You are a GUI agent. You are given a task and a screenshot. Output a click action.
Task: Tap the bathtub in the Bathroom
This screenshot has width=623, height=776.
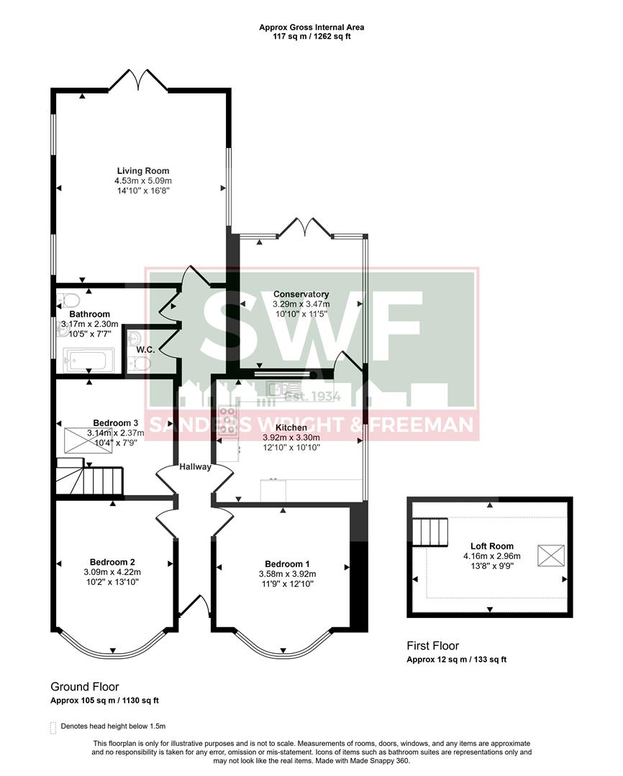tap(88, 359)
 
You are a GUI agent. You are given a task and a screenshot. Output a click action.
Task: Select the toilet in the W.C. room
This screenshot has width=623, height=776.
tap(142, 364)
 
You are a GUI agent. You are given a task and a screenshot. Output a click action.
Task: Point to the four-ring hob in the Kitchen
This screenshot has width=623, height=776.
tap(229, 420)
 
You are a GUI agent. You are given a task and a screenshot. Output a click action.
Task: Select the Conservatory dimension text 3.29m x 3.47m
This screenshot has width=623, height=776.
tap(301, 304)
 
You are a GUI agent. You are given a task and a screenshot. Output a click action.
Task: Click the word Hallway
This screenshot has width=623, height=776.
tap(195, 466)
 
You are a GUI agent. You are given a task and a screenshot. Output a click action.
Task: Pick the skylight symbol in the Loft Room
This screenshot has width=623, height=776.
tap(551, 555)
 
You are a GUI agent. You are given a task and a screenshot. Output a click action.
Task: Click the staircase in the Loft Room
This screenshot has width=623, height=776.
tap(434, 533)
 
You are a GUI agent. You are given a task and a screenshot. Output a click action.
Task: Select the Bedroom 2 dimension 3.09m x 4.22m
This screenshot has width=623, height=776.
tap(113, 572)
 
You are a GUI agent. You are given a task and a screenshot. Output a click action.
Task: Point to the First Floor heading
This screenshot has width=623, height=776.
tap(432, 646)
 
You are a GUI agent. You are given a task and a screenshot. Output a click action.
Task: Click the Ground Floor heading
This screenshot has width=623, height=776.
tap(85, 687)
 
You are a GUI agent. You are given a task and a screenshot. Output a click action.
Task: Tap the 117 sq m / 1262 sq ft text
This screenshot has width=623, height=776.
tap(311, 37)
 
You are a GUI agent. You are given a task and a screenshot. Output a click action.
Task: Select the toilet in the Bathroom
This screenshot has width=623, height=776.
tap(68, 300)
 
